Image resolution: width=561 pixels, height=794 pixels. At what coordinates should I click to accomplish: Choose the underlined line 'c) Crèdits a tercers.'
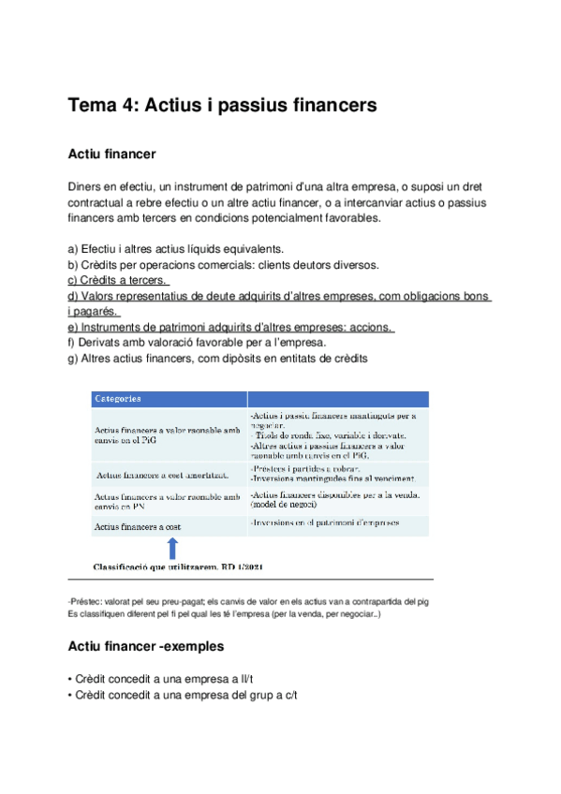tap(118, 280)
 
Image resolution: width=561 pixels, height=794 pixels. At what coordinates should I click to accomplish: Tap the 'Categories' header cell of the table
tap(117, 398)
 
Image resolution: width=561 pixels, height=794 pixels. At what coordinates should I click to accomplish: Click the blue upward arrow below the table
tap(172, 548)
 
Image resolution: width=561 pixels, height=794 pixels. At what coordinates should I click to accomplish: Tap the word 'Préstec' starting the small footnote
tap(85, 601)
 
